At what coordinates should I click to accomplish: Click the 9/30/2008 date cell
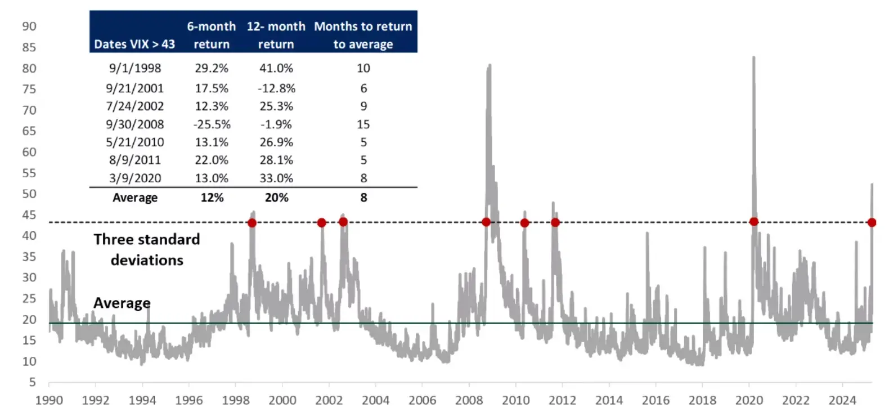(x=135, y=124)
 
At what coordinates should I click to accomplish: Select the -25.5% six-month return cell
(x=212, y=124)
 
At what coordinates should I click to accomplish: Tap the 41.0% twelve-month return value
(x=276, y=68)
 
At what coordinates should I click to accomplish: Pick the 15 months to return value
(x=363, y=124)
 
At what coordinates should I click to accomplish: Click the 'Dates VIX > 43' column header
(x=134, y=44)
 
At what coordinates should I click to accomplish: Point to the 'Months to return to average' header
(x=363, y=35)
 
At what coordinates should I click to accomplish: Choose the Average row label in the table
(x=135, y=198)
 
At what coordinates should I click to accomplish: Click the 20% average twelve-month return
(x=276, y=198)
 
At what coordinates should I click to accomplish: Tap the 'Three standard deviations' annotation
(x=147, y=249)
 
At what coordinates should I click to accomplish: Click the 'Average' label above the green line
(x=122, y=303)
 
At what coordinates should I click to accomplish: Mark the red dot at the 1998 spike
(x=252, y=223)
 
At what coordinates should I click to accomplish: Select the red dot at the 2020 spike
(x=754, y=222)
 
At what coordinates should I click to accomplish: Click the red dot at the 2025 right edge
(x=872, y=223)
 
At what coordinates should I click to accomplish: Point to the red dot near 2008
(x=486, y=222)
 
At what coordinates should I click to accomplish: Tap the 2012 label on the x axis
(x=562, y=400)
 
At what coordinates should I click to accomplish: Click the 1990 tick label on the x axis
(x=49, y=400)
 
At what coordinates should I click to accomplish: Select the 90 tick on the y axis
(x=29, y=26)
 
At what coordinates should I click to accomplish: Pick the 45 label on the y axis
(x=29, y=214)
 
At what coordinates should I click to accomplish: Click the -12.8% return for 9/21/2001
(x=277, y=88)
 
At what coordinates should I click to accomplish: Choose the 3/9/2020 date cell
(x=135, y=178)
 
